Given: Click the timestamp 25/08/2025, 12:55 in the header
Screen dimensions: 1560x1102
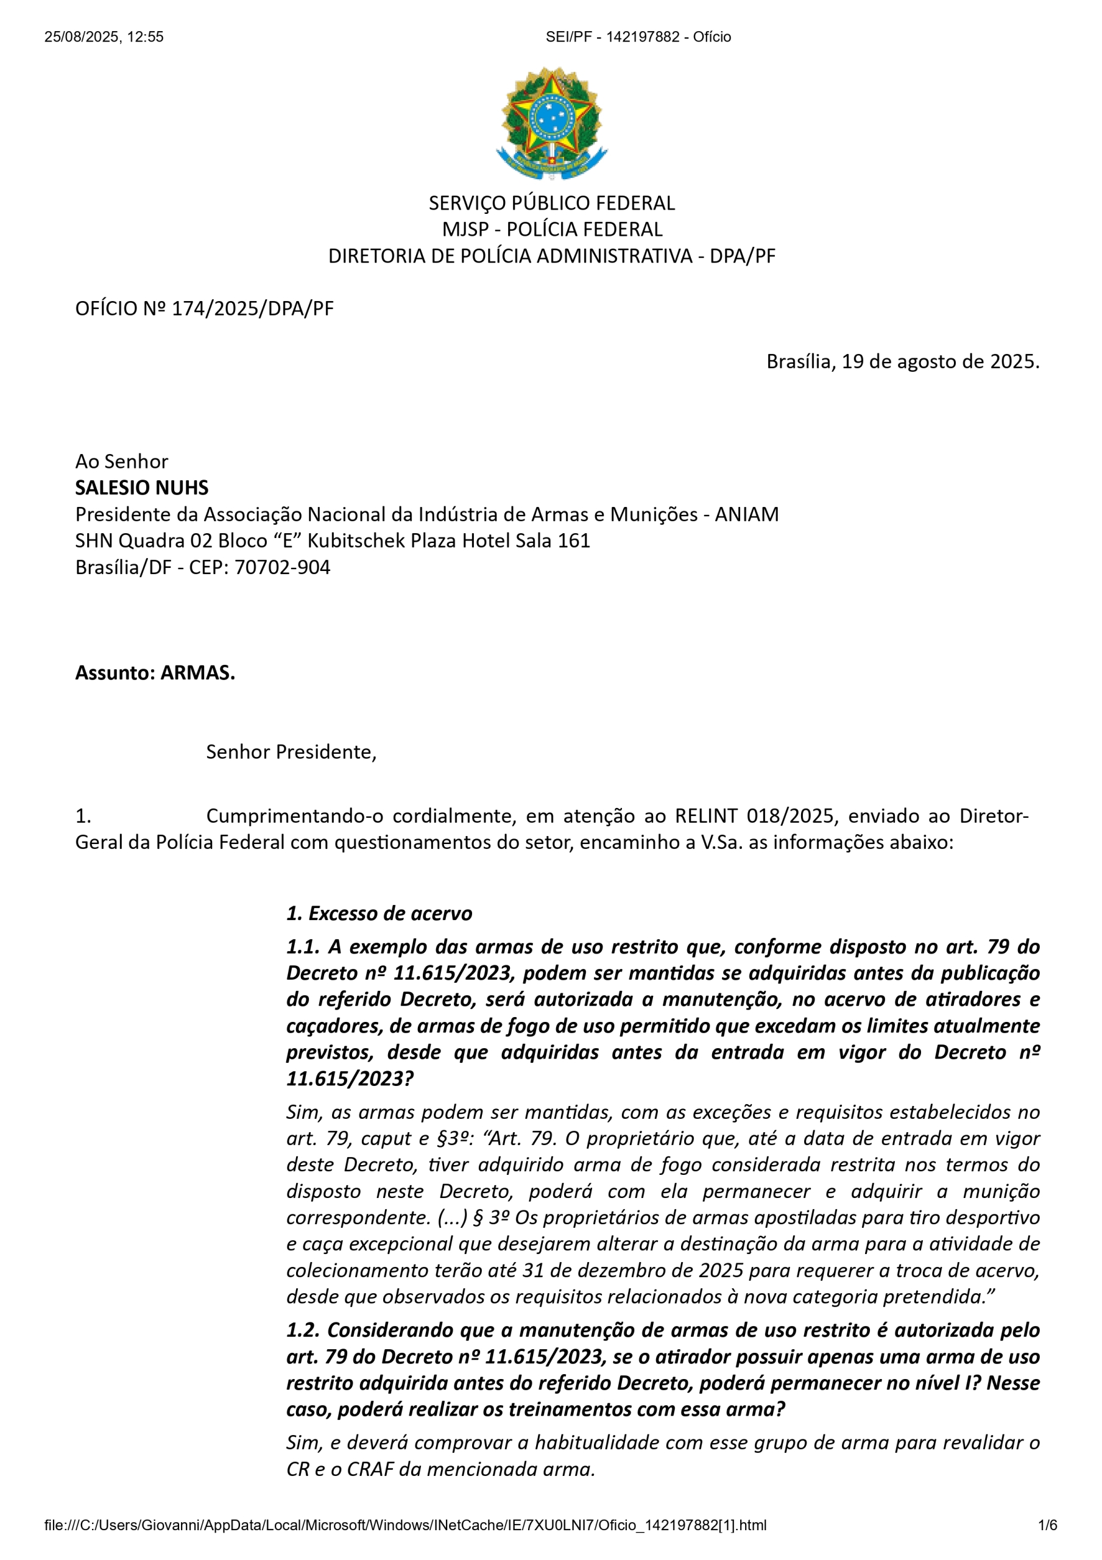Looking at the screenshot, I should coord(104,37).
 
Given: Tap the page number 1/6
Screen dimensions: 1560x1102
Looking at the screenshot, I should coord(1048,1525).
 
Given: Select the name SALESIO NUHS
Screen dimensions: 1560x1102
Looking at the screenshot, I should coord(141,488).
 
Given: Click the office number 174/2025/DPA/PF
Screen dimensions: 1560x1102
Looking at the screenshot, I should coord(252,308).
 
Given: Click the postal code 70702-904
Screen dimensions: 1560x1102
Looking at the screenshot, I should coord(282,567).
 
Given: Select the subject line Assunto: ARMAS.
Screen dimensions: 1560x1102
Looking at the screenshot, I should coord(155,673).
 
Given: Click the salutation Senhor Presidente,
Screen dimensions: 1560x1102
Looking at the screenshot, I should coord(291,752).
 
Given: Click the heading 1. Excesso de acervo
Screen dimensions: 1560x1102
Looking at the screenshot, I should coord(379,913).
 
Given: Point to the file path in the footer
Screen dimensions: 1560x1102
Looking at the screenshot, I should coord(405,1525).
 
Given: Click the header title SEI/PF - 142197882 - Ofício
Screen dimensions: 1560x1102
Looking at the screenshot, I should coord(638,37).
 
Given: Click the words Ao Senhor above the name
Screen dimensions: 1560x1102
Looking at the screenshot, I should coord(122,461).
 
